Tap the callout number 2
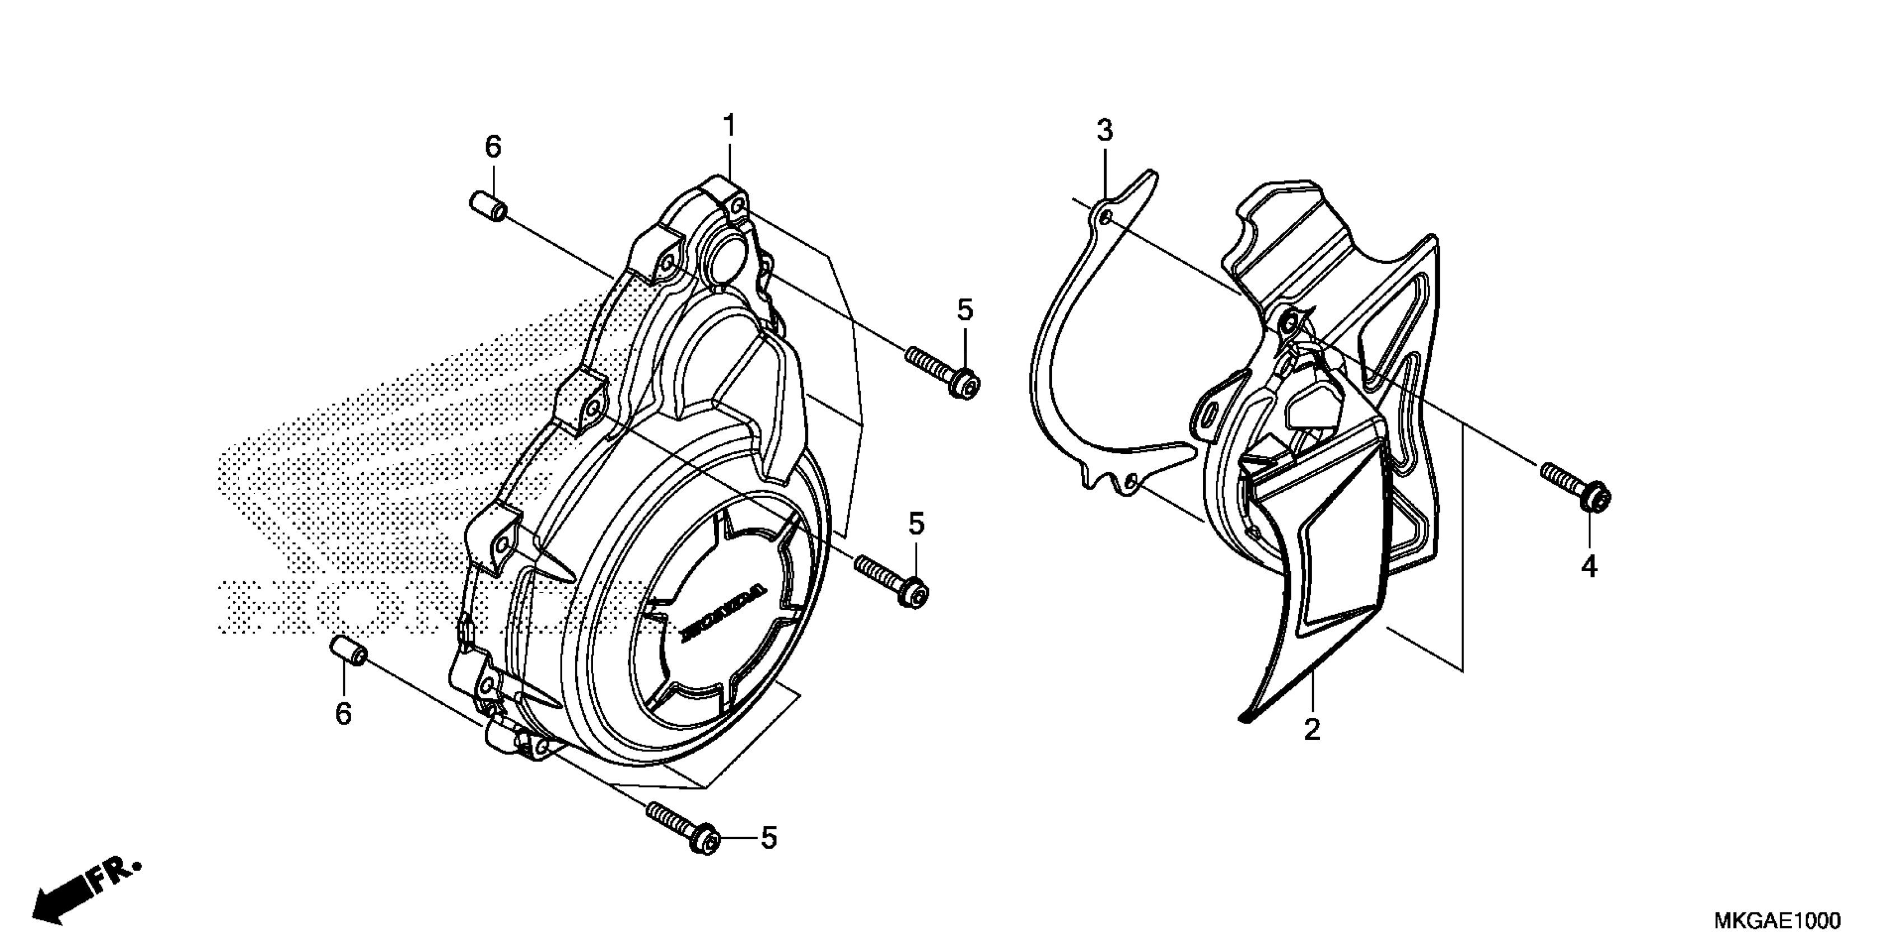(x=1312, y=730)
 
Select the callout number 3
(x=1104, y=132)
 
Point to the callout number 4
(x=1589, y=566)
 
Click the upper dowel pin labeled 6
(x=488, y=205)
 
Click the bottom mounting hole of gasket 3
(x=1130, y=483)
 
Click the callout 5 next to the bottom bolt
(x=769, y=838)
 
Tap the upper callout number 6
(x=493, y=148)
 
